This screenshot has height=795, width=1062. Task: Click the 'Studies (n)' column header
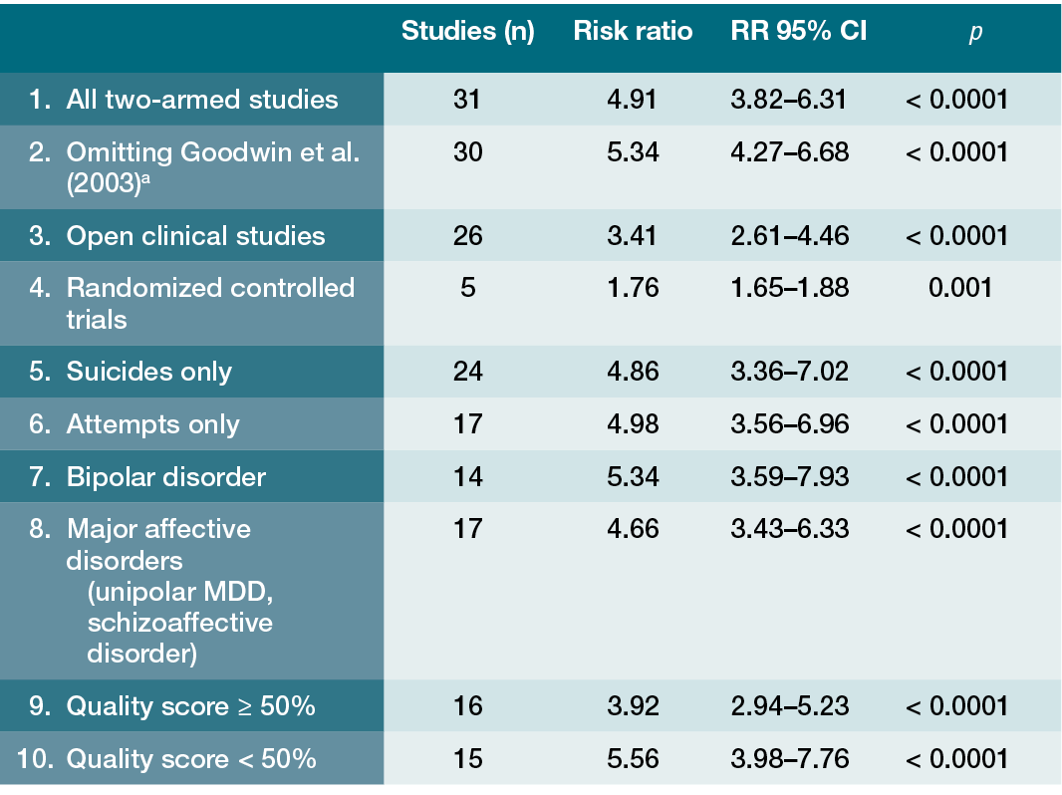click(x=468, y=31)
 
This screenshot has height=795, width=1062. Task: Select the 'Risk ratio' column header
click(x=633, y=31)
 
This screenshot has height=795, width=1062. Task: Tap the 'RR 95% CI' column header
click(x=799, y=31)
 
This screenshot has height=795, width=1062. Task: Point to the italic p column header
click(x=975, y=33)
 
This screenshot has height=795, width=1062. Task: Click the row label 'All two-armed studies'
click(x=202, y=100)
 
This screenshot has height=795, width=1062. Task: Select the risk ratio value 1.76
click(x=633, y=288)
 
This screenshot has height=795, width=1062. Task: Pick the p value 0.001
click(x=959, y=288)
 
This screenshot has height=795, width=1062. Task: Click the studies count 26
click(x=468, y=236)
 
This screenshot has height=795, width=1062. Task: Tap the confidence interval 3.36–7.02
click(x=790, y=371)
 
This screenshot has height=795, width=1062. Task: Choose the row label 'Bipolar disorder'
click(x=166, y=477)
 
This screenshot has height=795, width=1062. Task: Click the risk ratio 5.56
click(x=633, y=758)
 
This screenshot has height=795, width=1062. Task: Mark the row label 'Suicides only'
click(x=149, y=371)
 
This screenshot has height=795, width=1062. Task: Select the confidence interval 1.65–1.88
click(x=790, y=288)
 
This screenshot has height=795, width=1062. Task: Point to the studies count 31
click(x=466, y=100)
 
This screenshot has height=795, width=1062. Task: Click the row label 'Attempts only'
click(x=153, y=424)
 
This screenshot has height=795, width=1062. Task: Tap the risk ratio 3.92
click(x=633, y=705)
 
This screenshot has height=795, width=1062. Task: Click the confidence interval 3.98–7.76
click(x=790, y=758)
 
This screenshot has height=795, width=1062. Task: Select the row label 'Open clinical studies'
click(x=195, y=236)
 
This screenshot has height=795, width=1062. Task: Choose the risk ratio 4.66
click(x=633, y=529)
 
